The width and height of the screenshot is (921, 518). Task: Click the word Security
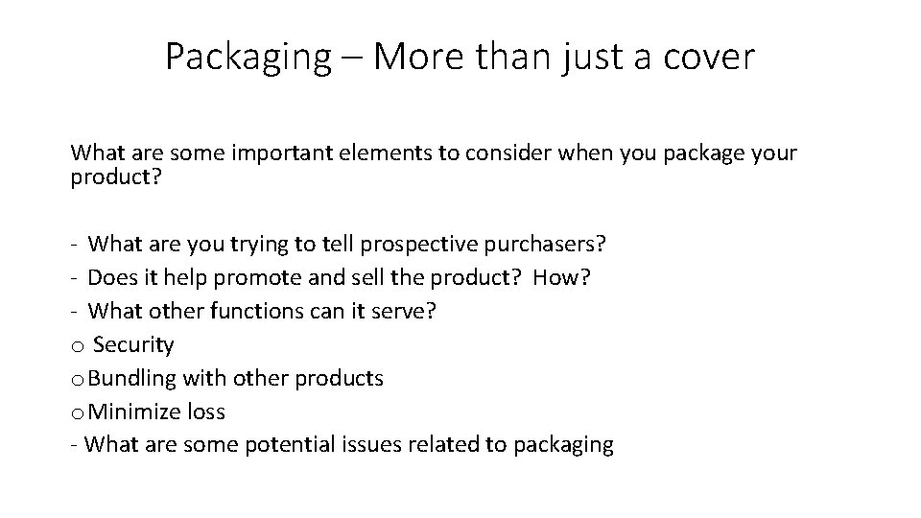point(134,345)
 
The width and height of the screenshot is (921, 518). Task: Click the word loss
point(207,412)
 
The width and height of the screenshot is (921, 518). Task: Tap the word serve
point(407,312)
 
